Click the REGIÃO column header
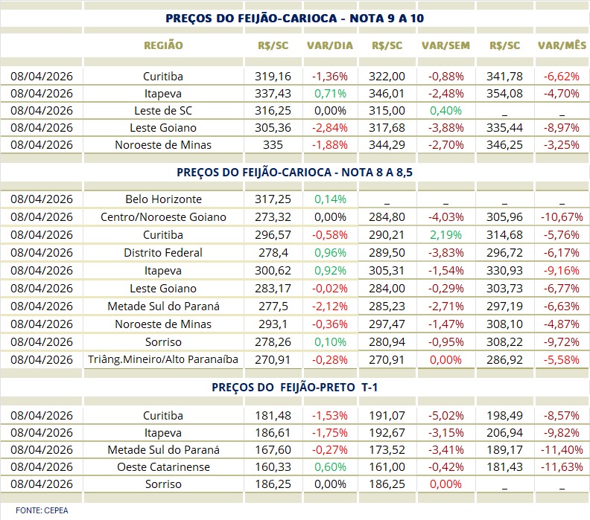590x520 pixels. (163, 45)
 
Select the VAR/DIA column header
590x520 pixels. (329, 45)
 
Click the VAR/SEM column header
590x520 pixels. (445, 45)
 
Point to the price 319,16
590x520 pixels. (273, 77)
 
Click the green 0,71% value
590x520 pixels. (329, 94)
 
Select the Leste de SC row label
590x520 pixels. (163, 111)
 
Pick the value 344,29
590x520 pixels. (387, 145)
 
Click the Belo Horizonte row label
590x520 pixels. (163, 199)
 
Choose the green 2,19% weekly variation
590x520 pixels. (445, 235)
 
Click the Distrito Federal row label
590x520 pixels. (163, 253)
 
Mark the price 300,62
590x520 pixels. (273, 271)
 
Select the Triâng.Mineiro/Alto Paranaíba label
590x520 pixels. (163, 359)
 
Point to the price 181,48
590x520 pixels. (273, 414)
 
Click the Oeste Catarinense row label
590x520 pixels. (163, 467)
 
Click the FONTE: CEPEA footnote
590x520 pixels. (32, 510)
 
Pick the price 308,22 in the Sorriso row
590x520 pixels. (505, 342)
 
